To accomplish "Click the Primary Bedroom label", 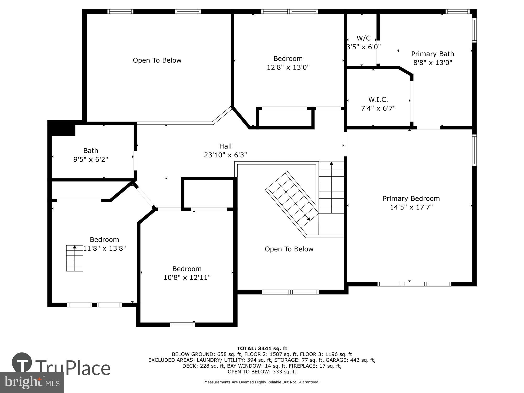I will pos(411,199).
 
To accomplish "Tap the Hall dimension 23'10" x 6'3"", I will pos(225,155).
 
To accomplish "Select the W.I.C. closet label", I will pos(378,100).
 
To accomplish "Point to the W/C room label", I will pos(363,38).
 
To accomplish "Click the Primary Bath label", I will pos(433,54).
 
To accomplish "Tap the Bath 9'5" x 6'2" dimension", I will pos(91,159).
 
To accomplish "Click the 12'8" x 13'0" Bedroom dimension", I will pos(288,68).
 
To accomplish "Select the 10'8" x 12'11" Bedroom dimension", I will pos(187,277).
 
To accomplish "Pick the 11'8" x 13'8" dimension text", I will pos(105,248).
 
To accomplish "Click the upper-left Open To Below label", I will pos(157,61).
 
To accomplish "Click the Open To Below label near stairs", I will pos(289,249).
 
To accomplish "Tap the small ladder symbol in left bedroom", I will pos(75,258).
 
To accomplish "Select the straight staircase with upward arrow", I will pos(331,187).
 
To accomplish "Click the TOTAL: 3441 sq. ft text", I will pos(262,348).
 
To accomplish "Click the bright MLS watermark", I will pos(32,382).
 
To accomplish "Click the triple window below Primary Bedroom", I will pos(414,284).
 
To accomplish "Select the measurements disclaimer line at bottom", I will pos(262,382).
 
